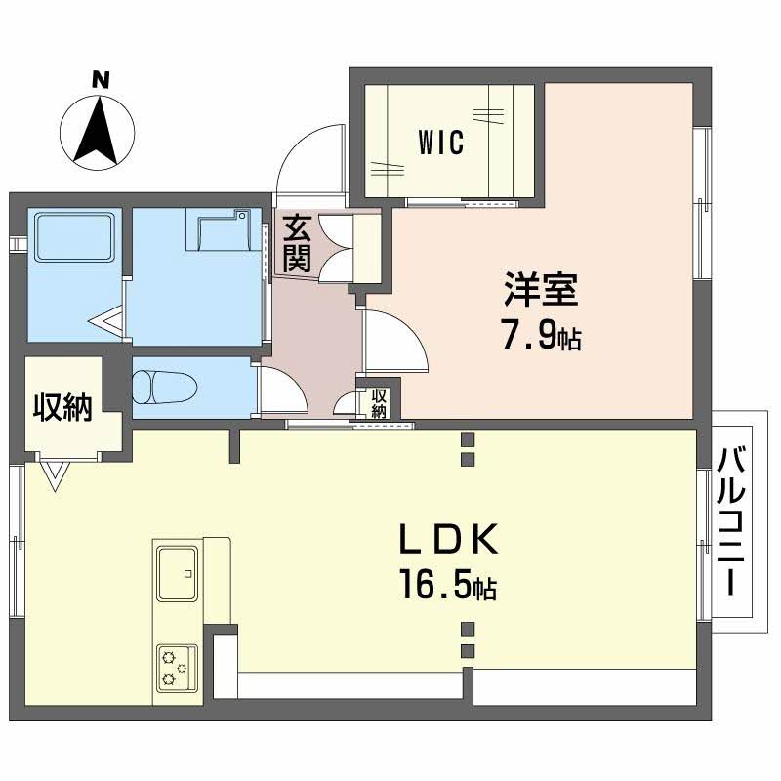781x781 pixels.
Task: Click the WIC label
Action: [x=441, y=143]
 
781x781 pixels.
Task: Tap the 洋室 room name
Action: [x=541, y=289]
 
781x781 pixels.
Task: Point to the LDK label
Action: [x=448, y=540]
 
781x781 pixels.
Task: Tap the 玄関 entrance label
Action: [x=297, y=244]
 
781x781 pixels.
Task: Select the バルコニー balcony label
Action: [x=730, y=521]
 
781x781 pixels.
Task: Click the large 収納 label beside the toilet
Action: [x=62, y=406]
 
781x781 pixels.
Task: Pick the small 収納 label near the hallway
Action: [x=379, y=404]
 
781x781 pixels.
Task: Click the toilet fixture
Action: [x=165, y=388]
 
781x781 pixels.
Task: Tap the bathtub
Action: [x=74, y=237]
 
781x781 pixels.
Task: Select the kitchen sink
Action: [x=178, y=573]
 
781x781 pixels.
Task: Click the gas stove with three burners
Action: [x=178, y=669]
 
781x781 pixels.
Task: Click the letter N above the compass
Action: [x=101, y=80]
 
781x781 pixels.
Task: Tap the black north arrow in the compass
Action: [x=96, y=131]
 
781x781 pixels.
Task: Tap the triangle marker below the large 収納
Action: [x=56, y=476]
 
